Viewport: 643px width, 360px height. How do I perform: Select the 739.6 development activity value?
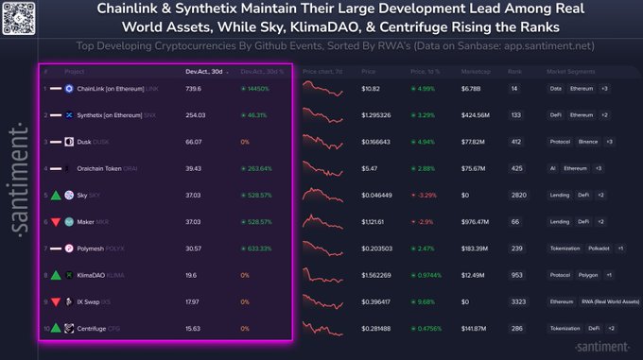click(193, 88)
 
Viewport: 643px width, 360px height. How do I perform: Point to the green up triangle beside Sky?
click(55, 195)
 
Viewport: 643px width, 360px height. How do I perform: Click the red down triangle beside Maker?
click(55, 221)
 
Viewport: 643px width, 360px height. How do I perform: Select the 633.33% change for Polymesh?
click(258, 248)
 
